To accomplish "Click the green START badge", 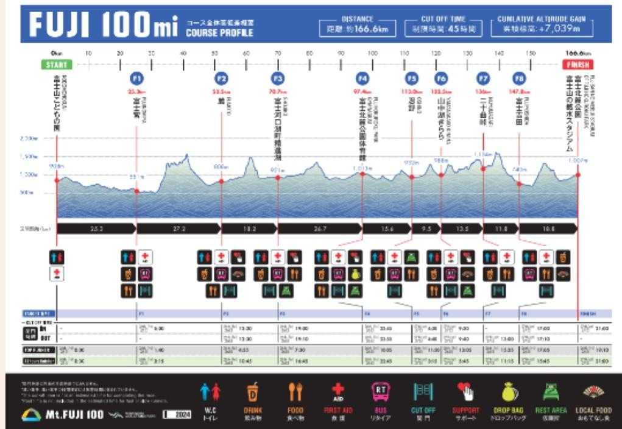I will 57,65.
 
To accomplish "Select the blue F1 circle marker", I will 137,79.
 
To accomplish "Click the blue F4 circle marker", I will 362,79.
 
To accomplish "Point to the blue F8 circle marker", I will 519,79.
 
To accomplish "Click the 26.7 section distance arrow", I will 320,229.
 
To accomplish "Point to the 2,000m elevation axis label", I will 29,139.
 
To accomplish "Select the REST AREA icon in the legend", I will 551,393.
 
